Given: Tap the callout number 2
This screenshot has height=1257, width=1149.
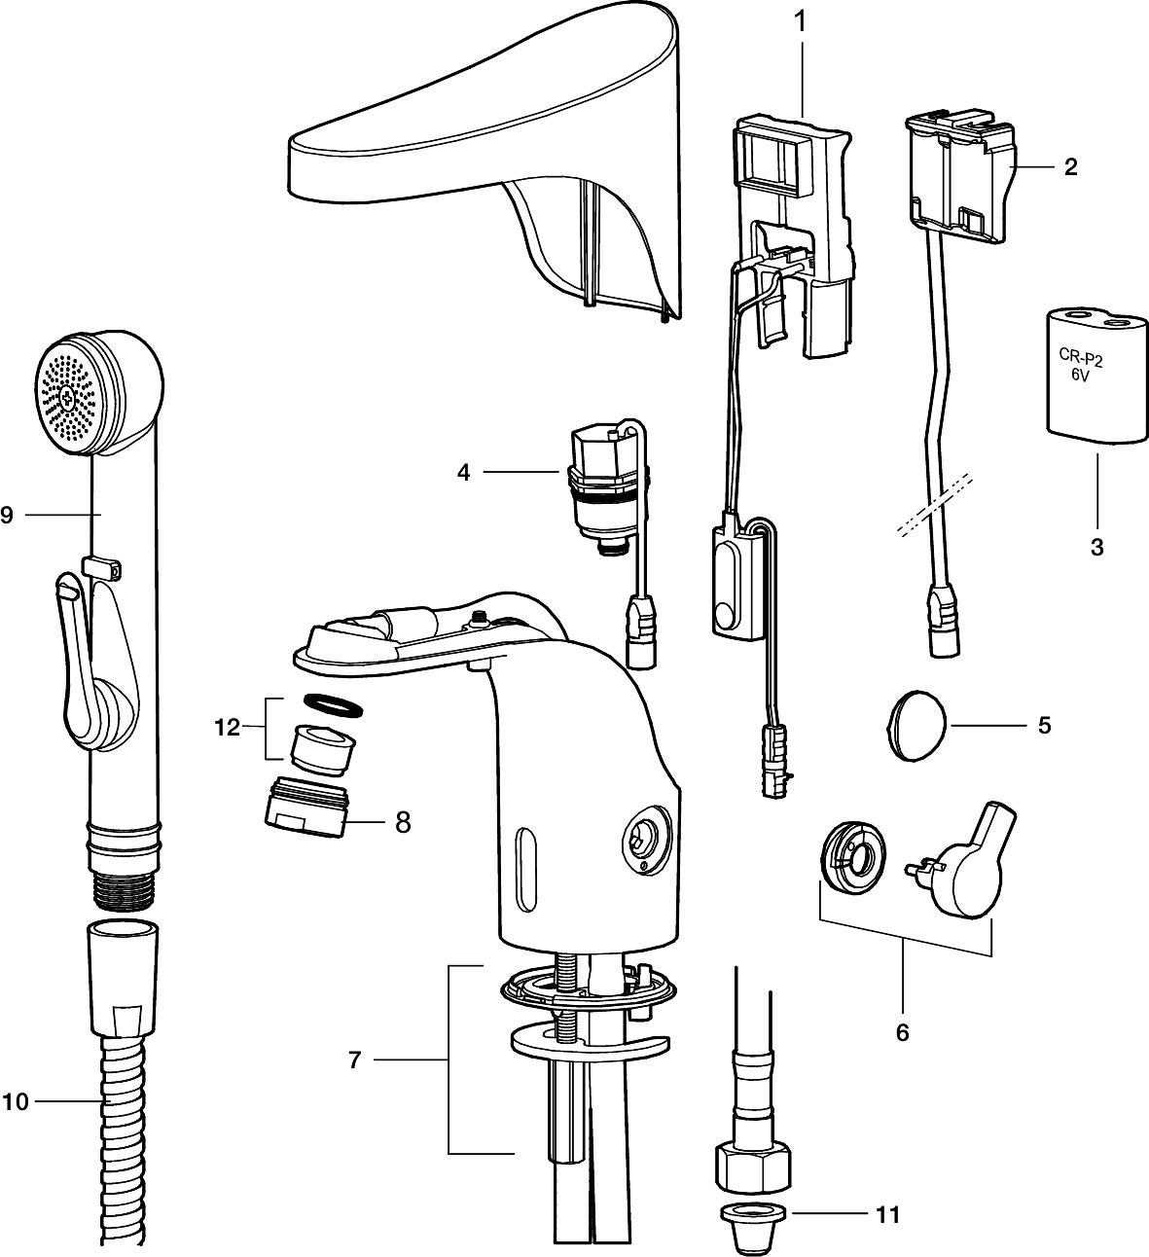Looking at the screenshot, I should pos(1070,166).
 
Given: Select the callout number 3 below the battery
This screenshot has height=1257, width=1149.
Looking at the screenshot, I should pos(1096,547).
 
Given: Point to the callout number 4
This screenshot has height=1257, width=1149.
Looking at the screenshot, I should pos(463,473).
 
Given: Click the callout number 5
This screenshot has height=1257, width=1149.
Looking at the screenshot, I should pos(1044,725).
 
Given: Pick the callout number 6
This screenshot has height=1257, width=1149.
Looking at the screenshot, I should pos(902,1032).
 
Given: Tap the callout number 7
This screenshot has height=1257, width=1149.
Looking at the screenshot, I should pos(354,1059).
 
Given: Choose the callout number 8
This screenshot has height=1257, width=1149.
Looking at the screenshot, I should pos(402,822).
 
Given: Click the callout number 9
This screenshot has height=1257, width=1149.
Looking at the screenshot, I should pos(7,515).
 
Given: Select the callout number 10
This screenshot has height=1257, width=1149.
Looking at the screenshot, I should pos(16,1101).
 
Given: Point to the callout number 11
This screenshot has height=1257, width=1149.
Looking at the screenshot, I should pos(886,1214).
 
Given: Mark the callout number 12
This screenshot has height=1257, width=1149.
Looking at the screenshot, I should pos(227,727).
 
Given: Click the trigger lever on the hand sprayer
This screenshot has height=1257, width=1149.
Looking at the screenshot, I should pos(78,662).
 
